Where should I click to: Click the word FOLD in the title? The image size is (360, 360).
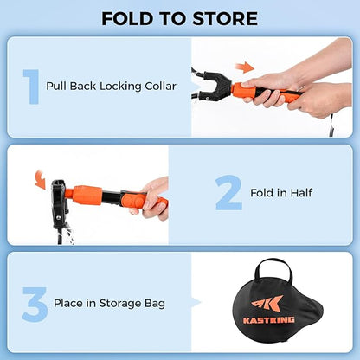pos(130,18)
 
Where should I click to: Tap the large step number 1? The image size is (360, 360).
pos(33,87)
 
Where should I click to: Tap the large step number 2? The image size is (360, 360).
pos(228,192)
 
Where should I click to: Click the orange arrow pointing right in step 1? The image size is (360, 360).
pos(247,67)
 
